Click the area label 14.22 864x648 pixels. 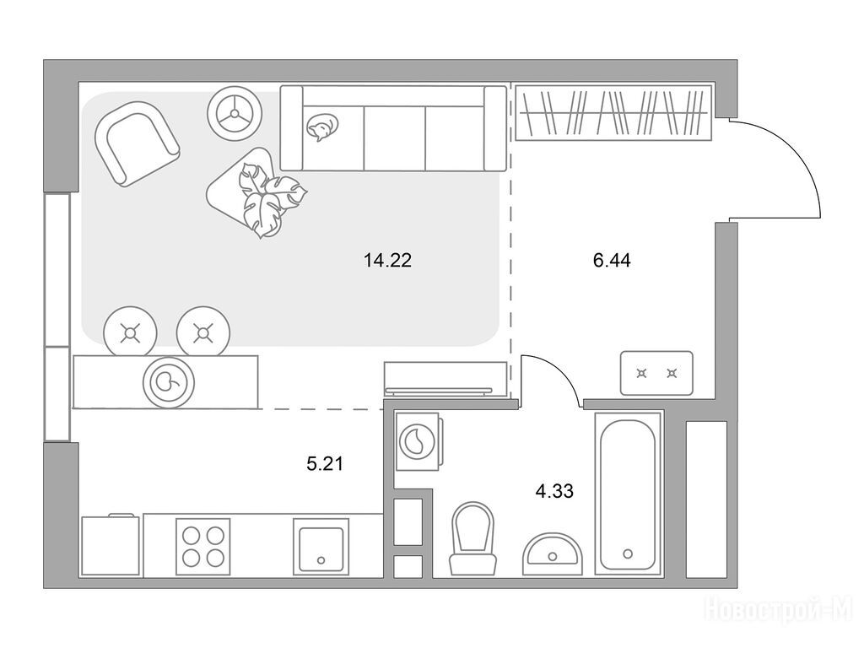coord(387,260)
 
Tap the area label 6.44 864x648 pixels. coord(612,260)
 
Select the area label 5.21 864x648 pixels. coord(325,464)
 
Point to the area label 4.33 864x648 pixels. coord(554,490)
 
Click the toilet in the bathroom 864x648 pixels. coord(472,538)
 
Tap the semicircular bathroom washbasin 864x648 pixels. coord(552,553)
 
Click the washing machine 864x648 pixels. coord(418,440)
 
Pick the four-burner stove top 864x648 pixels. coord(202,546)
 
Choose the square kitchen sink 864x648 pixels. coord(321,546)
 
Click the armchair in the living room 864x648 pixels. coord(137,143)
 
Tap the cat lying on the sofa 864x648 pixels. coord(321,127)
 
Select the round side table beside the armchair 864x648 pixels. coord(235,114)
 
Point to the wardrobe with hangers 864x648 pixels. coord(613,113)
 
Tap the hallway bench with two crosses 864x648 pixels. coord(656,373)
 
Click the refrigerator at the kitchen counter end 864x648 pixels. coord(110,546)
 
